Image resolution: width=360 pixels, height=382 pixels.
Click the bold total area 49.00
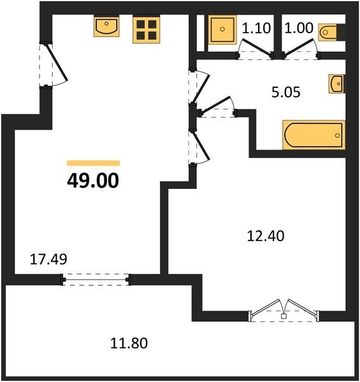[93, 181]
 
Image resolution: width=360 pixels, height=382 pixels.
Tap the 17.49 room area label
[48, 259]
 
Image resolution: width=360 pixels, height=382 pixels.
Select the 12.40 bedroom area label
[266, 236]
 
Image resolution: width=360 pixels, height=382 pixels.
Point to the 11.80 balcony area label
[129, 343]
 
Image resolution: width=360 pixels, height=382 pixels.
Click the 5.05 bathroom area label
[286, 92]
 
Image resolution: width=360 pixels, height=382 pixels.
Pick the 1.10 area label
[256, 28]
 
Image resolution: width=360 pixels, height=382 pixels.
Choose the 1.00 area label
[299, 28]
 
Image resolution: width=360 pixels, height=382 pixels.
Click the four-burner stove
[147, 29]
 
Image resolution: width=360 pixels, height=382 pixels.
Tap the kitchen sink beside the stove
[106, 26]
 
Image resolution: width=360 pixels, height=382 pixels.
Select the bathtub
[314, 135]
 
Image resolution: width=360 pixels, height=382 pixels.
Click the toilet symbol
[328, 32]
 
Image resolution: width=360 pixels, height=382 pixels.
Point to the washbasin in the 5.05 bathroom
[337, 84]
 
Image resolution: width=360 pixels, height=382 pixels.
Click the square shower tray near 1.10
[222, 29]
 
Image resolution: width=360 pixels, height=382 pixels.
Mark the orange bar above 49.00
[94, 163]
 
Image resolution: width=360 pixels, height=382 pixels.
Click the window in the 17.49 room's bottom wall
[96, 279]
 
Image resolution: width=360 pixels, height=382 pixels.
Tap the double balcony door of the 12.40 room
[284, 311]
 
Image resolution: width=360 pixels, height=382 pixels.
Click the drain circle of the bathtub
[337, 135]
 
